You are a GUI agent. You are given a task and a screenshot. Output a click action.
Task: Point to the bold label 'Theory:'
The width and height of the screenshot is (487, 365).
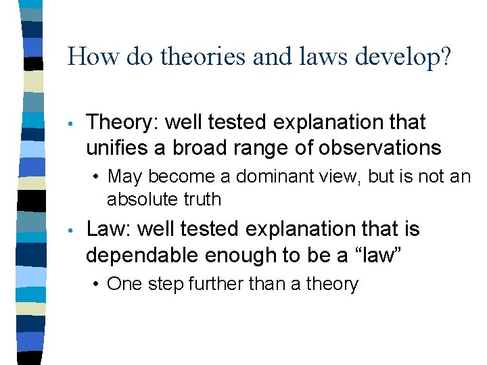point(122,124)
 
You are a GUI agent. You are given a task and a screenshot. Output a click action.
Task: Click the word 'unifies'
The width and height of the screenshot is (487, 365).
point(118,147)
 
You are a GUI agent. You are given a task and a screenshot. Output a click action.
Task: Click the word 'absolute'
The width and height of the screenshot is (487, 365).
point(140,199)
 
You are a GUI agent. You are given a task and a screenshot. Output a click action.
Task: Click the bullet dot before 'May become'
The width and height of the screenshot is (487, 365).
point(98,178)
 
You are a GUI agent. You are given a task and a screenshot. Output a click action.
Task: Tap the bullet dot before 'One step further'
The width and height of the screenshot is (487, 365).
point(98,285)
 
